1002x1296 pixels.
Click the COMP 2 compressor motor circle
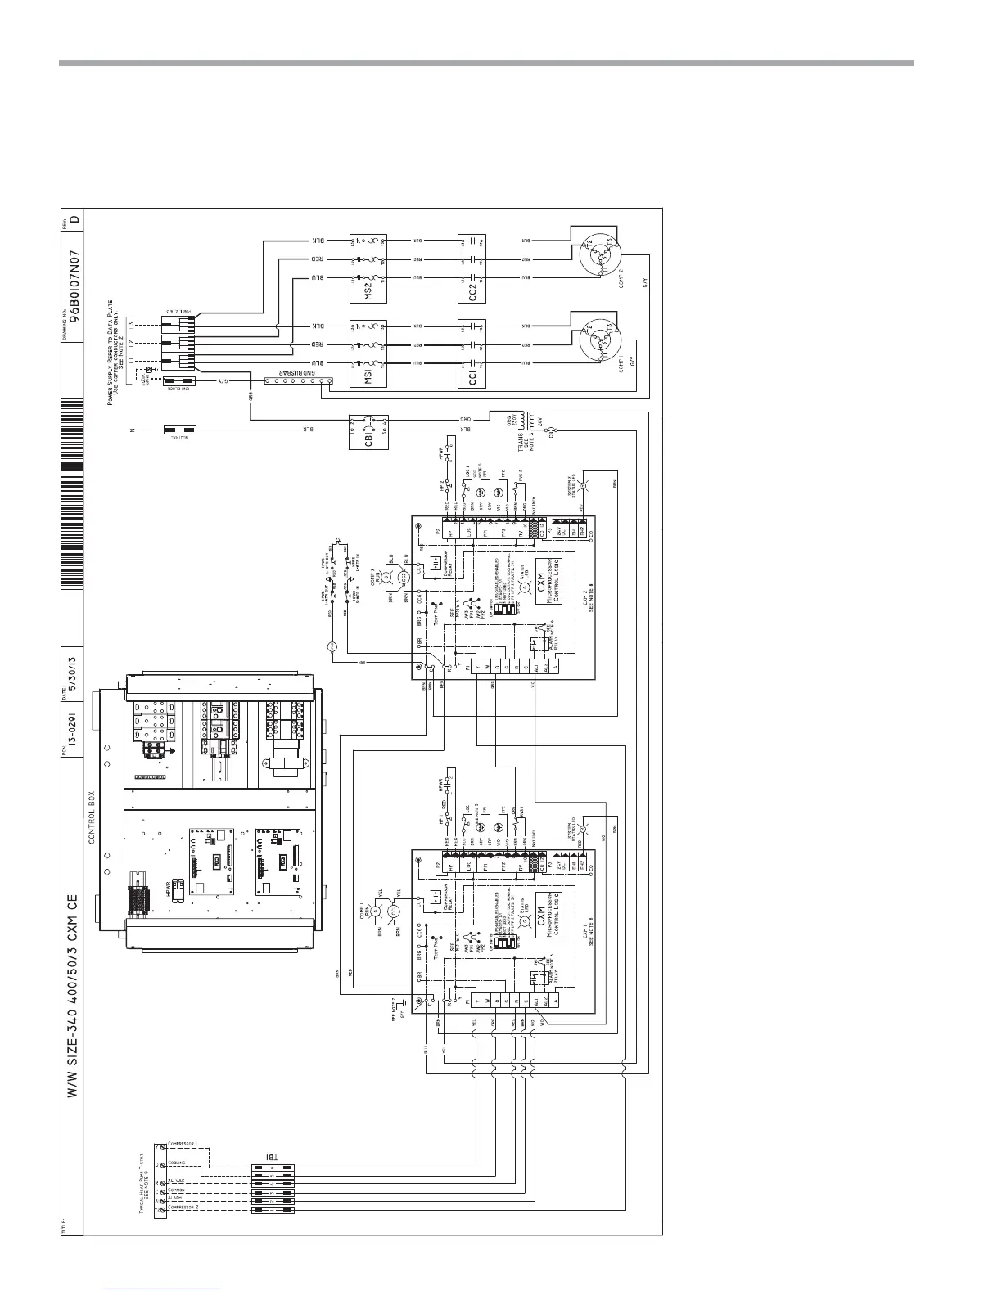(599, 256)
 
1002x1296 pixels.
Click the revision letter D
(75, 220)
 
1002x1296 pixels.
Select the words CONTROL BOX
(93, 817)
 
